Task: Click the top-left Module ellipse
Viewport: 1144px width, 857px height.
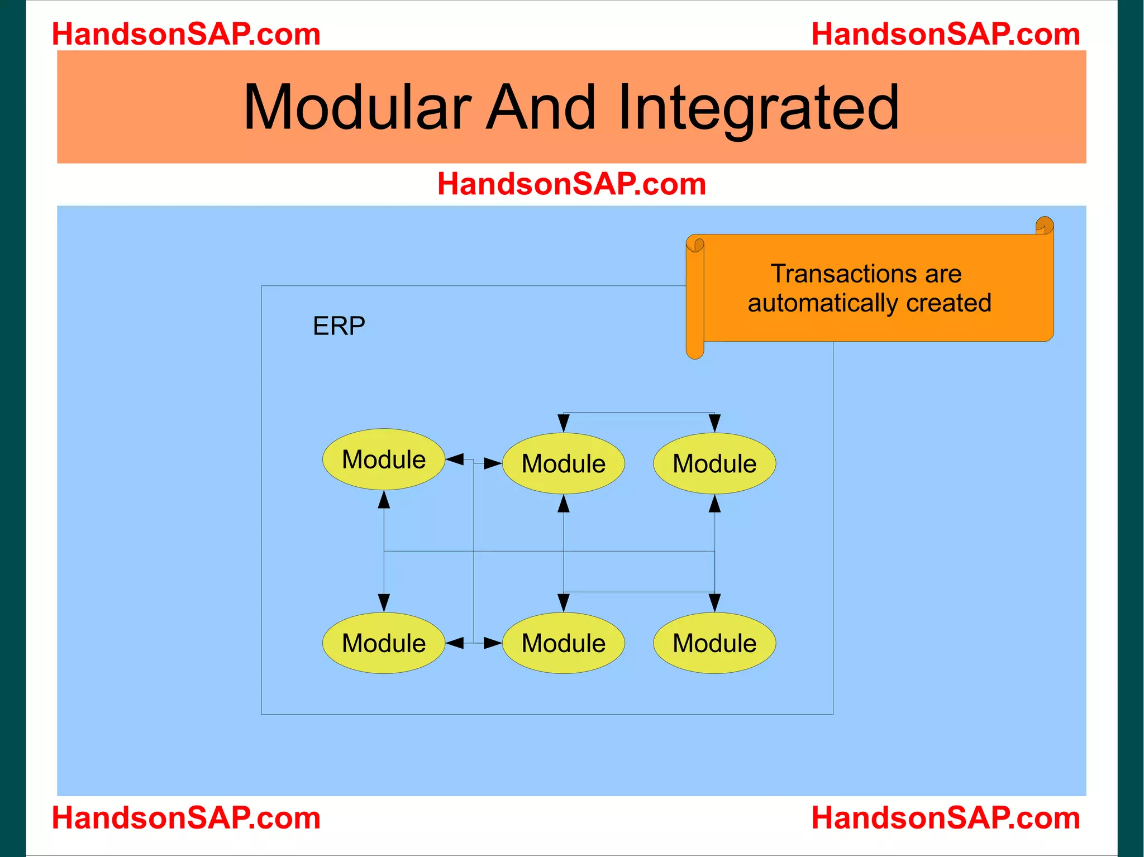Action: [384, 459]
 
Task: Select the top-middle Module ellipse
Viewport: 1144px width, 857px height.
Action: [564, 463]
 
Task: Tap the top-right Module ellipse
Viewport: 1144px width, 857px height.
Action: [714, 463]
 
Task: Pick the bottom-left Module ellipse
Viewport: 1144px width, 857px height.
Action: [384, 643]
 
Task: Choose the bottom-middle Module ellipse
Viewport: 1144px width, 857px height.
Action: [564, 643]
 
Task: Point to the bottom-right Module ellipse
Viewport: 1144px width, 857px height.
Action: [714, 643]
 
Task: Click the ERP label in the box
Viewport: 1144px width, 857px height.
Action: [339, 326]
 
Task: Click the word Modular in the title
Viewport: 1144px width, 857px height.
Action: [357, 107]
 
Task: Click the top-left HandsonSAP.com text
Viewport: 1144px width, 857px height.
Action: [186, 34]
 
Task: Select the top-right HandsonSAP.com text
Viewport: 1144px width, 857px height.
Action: [945, 34]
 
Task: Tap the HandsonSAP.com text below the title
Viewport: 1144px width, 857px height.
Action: [571, 184]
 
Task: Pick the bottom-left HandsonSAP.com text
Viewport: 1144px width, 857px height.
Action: [186, 818]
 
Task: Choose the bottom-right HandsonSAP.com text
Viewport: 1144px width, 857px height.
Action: [945, 818]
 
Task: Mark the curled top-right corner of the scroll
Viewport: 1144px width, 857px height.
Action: [1044, 226]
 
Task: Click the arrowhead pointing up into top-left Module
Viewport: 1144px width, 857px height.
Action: [384, 499]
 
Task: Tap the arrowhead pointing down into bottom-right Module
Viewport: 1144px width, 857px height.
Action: [714, 603]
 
